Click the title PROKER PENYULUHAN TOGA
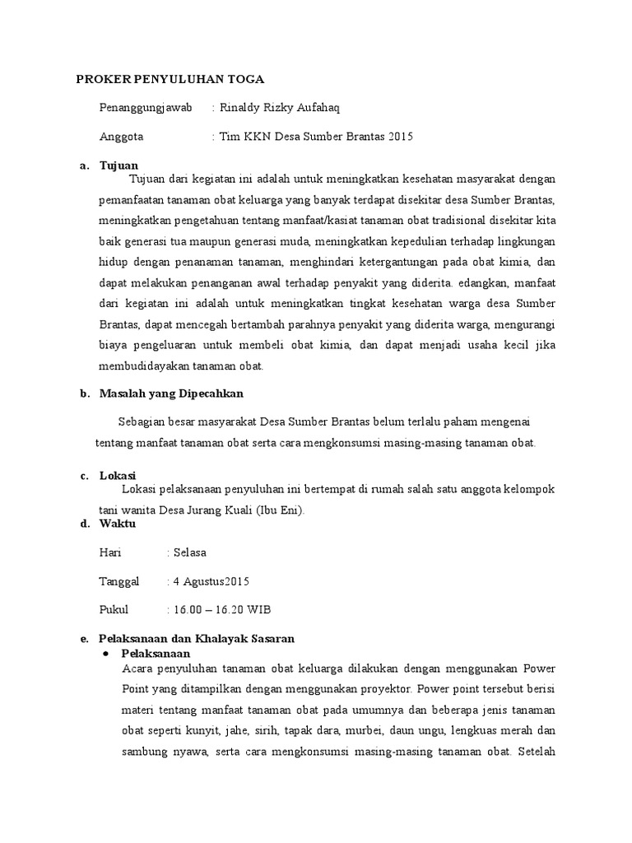170,80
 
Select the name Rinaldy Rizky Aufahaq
280,108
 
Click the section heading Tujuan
118,165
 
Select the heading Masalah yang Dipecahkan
171,394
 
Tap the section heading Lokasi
117,476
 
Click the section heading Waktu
118,524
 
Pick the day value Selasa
189,552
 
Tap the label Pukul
114,610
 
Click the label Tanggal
119,581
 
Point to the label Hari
110,552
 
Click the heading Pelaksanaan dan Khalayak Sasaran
197,639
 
